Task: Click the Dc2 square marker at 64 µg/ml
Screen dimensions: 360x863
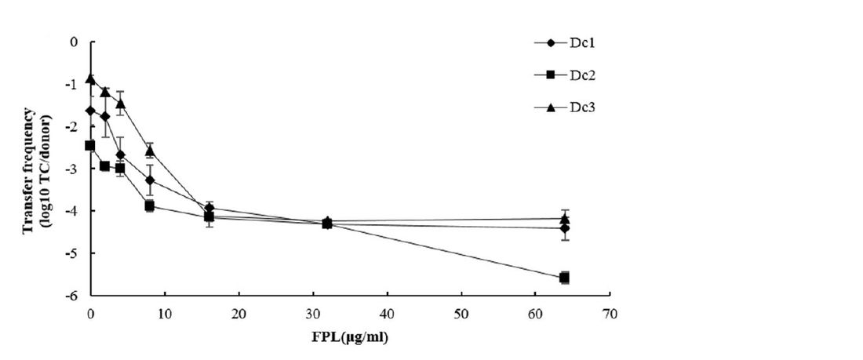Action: [564, 278]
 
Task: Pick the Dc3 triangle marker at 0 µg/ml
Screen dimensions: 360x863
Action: [91, 79]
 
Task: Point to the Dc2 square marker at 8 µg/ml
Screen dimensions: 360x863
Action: [150, 205]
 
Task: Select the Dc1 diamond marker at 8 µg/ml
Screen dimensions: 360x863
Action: [150, 180]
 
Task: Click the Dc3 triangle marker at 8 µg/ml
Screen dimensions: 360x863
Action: [150, 151]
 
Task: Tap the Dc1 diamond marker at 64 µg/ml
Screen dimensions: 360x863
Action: [564, 228]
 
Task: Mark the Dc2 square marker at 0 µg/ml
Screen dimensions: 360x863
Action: [90, 145]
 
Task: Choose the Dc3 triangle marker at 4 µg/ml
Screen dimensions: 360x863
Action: [120, 104]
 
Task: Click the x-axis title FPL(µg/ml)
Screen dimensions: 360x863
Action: [350, 339]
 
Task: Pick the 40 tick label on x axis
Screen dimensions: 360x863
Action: [387, 314]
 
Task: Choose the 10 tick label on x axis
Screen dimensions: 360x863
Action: [164, 314]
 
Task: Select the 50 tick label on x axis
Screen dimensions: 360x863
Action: [461, 314]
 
